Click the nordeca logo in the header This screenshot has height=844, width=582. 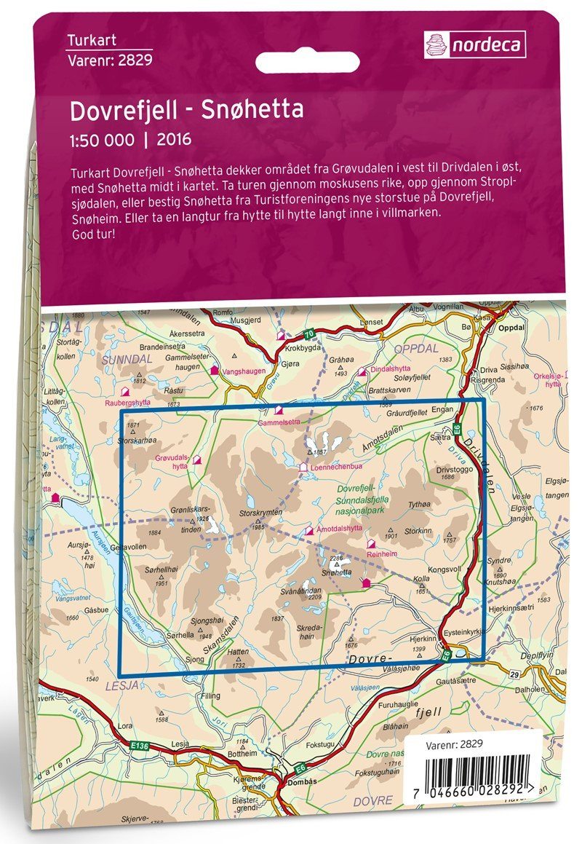(475, 45)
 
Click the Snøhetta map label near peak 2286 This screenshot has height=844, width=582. (337, 573)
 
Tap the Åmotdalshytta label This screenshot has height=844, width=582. (340, 530)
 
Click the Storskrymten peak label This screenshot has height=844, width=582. (260, 513)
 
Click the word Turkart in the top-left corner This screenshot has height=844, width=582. (91, 41)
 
